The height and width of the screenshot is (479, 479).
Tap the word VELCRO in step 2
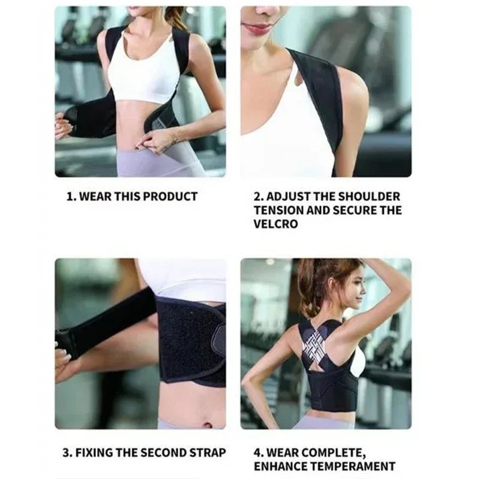[x=276, y=225]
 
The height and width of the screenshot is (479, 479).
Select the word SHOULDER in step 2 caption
[x=369, y=196]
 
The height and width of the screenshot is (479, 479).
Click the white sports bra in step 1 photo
[x=144, y=72]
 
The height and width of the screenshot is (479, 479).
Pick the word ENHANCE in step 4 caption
[x=280, y=466]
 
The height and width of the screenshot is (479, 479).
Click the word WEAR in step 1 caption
[x=93, y=196]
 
